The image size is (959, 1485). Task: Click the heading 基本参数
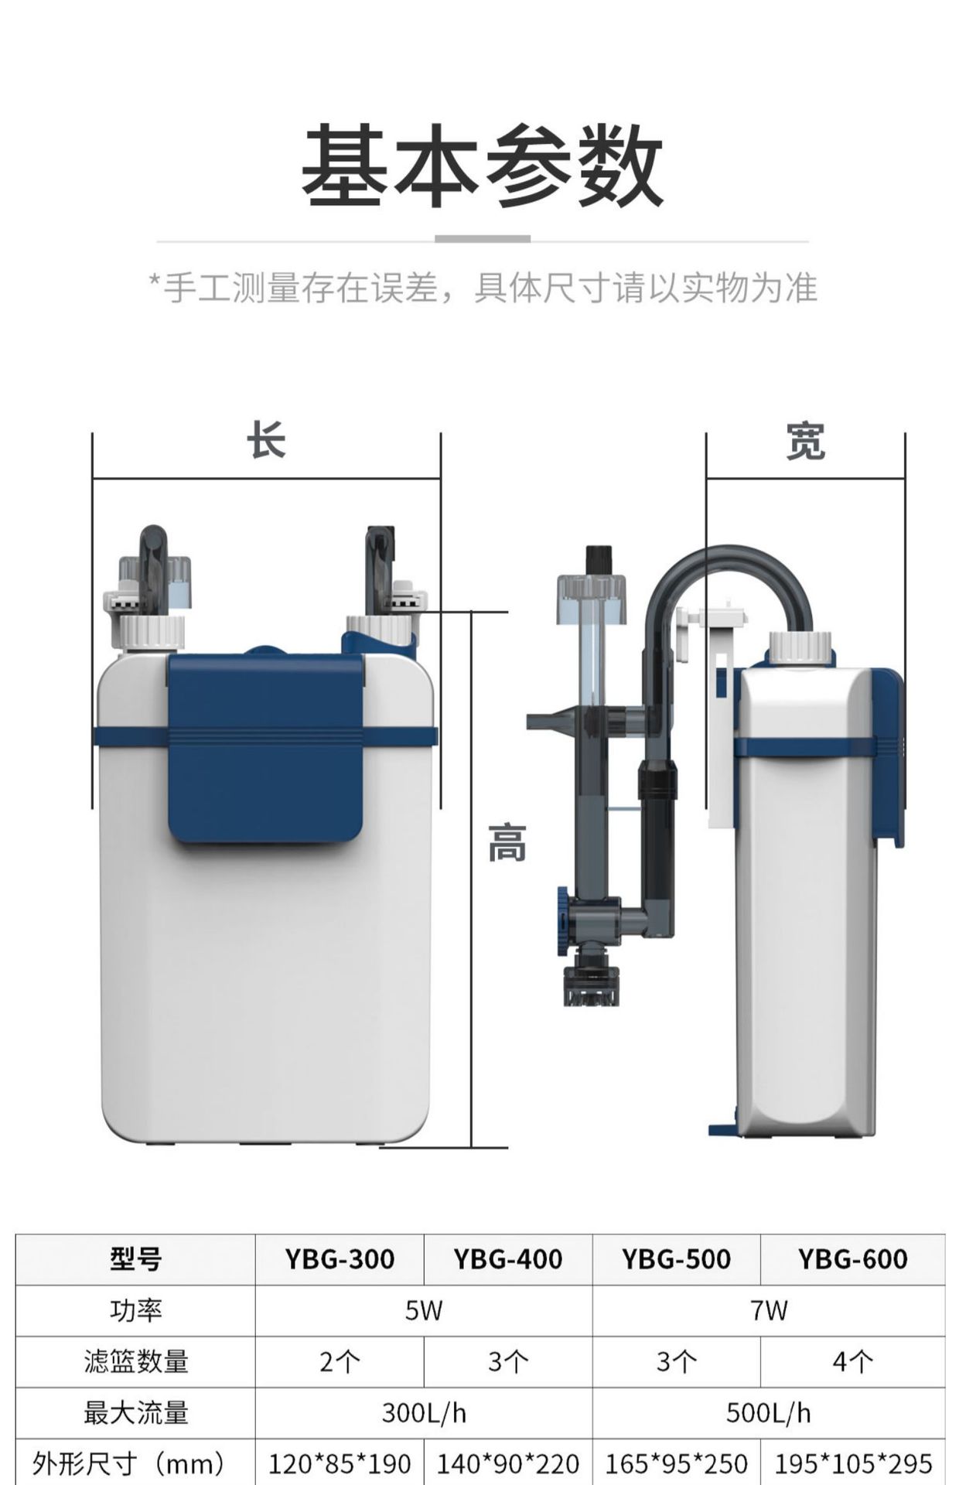[x=481, y=166]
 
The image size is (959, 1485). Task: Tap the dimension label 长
[x=266, y=442]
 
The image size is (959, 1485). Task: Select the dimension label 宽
[x=805, y=442]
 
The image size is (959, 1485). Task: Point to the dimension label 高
[x=507, y=844]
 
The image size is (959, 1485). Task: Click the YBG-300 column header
[x=340, y=1259]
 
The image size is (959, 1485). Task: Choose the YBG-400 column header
[x=507, y=1259]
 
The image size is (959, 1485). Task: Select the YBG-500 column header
[x=676, y=1259]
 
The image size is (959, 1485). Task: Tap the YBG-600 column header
[x=852, y=1259]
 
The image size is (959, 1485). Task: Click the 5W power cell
[x=424, y=1310]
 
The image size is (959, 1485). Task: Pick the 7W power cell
[x=768, y=1310]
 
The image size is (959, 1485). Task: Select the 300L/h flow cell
[x=424, y=1413]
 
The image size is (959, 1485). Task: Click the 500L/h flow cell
[x=768, y=1413]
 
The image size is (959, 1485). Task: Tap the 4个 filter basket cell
[x=852, y=1361]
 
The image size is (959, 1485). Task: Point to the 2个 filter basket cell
[x=340, y=1361]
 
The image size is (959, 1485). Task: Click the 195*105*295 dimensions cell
[x=852, y=1463]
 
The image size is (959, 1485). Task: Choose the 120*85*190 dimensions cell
[x=340, y=1463]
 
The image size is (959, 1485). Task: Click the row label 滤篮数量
[x=136, y=1361]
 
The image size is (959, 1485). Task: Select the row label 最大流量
[x=136, y=1413]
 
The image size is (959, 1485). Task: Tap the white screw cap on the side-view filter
[x=800, y=647]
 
